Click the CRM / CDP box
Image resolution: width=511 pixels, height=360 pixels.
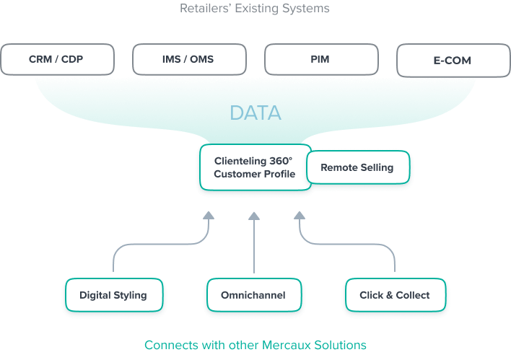pyautogui.click(x=57, y=59)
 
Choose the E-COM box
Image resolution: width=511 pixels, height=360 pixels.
pyautogui.click(x=452, y=61)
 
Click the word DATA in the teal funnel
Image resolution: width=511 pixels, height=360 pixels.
pyautogui.click(x=255, y=113)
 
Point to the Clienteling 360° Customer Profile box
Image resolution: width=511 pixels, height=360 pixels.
pyautogui.click(x=255, y=168)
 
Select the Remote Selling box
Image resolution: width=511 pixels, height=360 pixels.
pyautogui.click(x=357, y=167)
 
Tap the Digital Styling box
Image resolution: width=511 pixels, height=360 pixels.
pyautogui.click(x=113, y=295)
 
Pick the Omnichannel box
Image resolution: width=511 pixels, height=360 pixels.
pyautogui.click(x=253, y=295)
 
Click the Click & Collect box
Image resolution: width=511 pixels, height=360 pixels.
pyautogui.click(x=394, y=295)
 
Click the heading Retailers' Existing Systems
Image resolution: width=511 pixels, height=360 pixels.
pyautogui.click(x=255, y=9)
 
